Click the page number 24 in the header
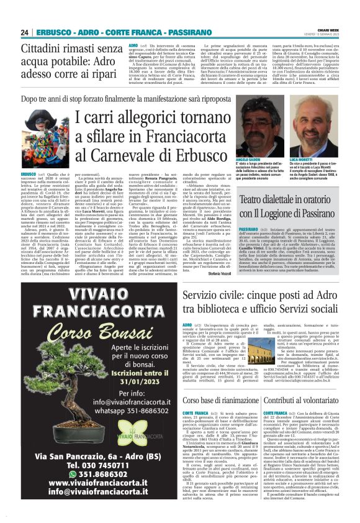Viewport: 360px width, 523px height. [25, 32]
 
